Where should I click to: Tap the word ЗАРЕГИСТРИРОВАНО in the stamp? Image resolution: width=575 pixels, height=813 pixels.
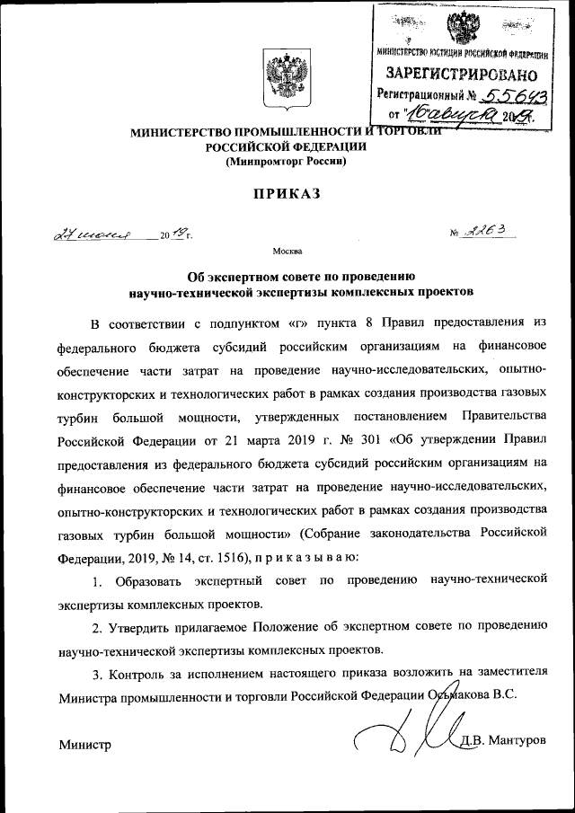point(463,73)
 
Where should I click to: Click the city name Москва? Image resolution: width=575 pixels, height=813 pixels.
point(287,252)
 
